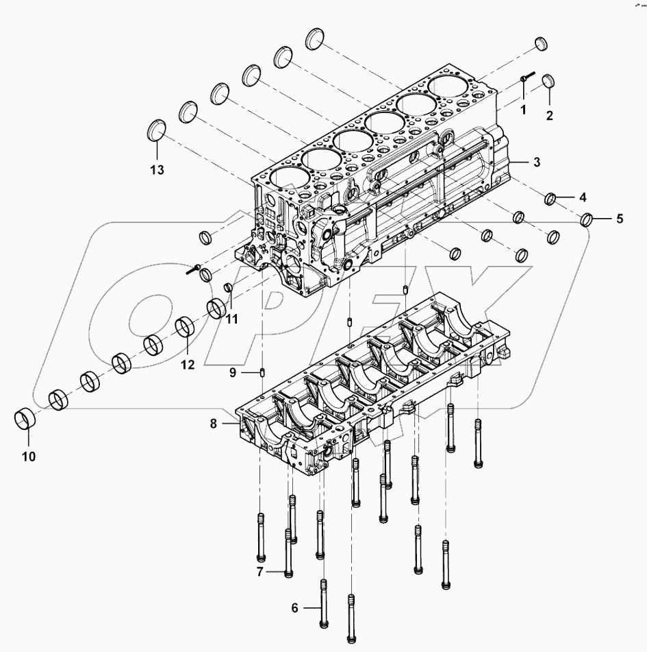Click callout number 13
(x=157, y=171)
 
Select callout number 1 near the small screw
(x=522, y=108)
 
